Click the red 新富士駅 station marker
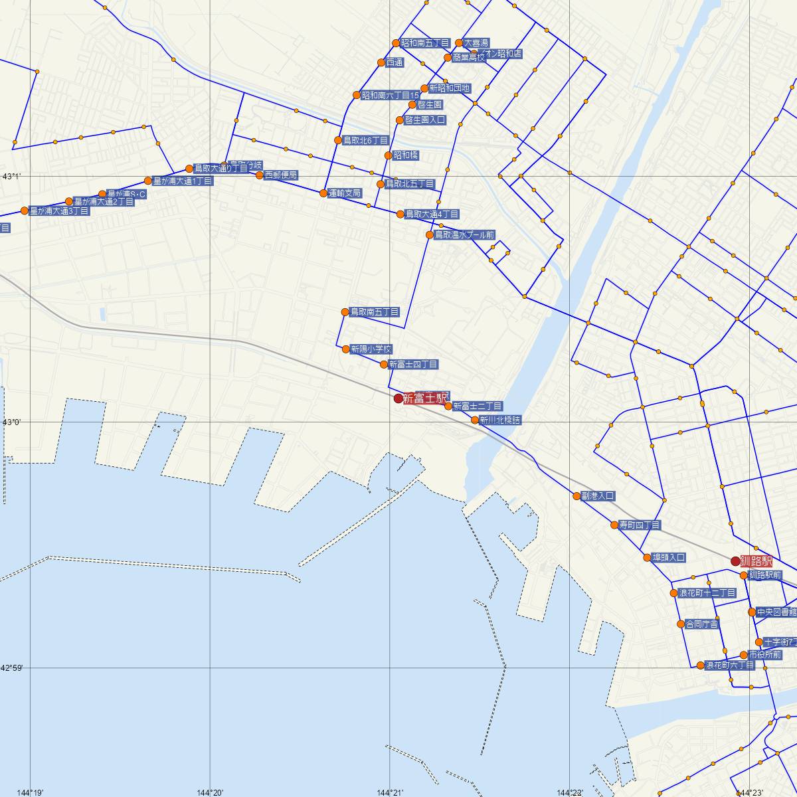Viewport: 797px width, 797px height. (x=398, y=398)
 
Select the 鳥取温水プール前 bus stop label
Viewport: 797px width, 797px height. (x=464, y=235)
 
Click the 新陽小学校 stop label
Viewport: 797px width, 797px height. (x=371, y=349)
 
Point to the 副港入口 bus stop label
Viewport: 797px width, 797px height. (x=598, y=496)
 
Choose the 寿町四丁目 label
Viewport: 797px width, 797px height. (x=640, y=525)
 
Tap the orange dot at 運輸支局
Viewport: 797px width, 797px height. (x=323, y=193)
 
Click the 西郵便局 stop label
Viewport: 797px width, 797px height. (x=281, y=175)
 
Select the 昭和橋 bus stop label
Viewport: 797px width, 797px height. (x=406, y=155)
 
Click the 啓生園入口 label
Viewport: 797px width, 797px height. (x=425, y=120)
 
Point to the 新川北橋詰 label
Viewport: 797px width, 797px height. (x=500, y=420)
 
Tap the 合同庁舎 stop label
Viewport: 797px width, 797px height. (x=701, y=624)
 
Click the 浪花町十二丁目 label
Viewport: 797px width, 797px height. (x=707, y=593)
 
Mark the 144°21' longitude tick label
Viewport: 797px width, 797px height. (x=389, y=792)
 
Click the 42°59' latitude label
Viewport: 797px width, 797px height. (x=12, y=667)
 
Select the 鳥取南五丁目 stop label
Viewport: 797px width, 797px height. (x=375, y=312)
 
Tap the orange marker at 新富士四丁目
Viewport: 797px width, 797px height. (x=384, y=364)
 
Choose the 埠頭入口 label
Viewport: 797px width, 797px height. (x=668, y=558)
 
